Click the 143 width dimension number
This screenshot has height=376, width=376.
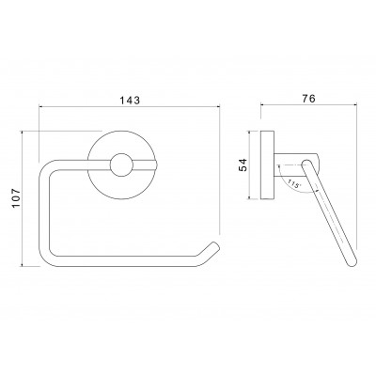click(130, 101)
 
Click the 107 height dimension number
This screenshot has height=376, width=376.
click(16, 197)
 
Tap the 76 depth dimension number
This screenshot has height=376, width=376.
click(308, 99)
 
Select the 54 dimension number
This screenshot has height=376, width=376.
click(243, 165)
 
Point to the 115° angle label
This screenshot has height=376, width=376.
click(292, 183)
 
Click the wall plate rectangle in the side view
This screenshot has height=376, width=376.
click(267, 164)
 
